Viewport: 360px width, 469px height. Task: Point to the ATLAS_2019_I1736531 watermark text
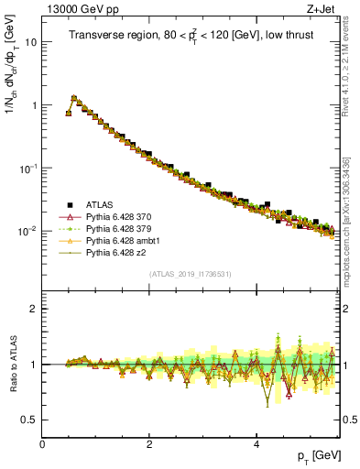point(190,274)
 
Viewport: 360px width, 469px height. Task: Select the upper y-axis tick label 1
point(34,105)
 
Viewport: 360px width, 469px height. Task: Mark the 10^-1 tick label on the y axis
point(28,168)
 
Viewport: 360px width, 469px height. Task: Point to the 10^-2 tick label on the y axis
point(28,231)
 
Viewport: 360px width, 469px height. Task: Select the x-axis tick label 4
point(256,443)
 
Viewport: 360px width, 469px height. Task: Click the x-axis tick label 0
point(42,443)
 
